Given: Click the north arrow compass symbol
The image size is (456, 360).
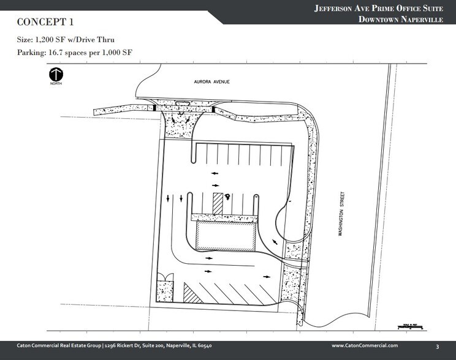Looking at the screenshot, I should click(57, 76).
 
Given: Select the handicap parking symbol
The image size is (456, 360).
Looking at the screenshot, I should click(227, 197).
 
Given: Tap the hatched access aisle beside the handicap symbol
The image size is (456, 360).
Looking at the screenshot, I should click(218, 203).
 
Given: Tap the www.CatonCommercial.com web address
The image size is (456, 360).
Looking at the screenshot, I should click(365, 346).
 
